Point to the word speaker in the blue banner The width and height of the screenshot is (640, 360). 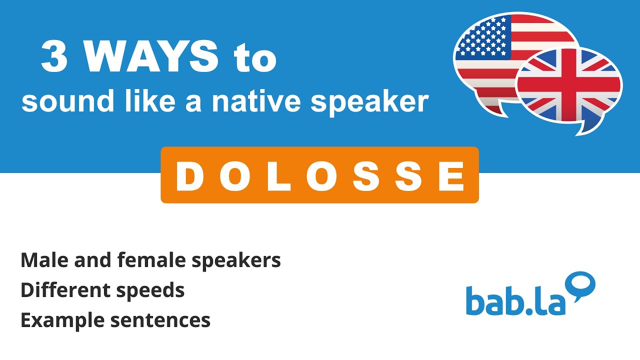(x=370, y=102)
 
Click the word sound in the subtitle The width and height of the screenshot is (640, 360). (x=55, y=101)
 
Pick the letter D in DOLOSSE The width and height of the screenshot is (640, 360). (x=188, y=176)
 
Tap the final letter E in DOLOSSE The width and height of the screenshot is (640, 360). (x=453, y=176)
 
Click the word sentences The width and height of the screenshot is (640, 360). (x=160, y=320)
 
